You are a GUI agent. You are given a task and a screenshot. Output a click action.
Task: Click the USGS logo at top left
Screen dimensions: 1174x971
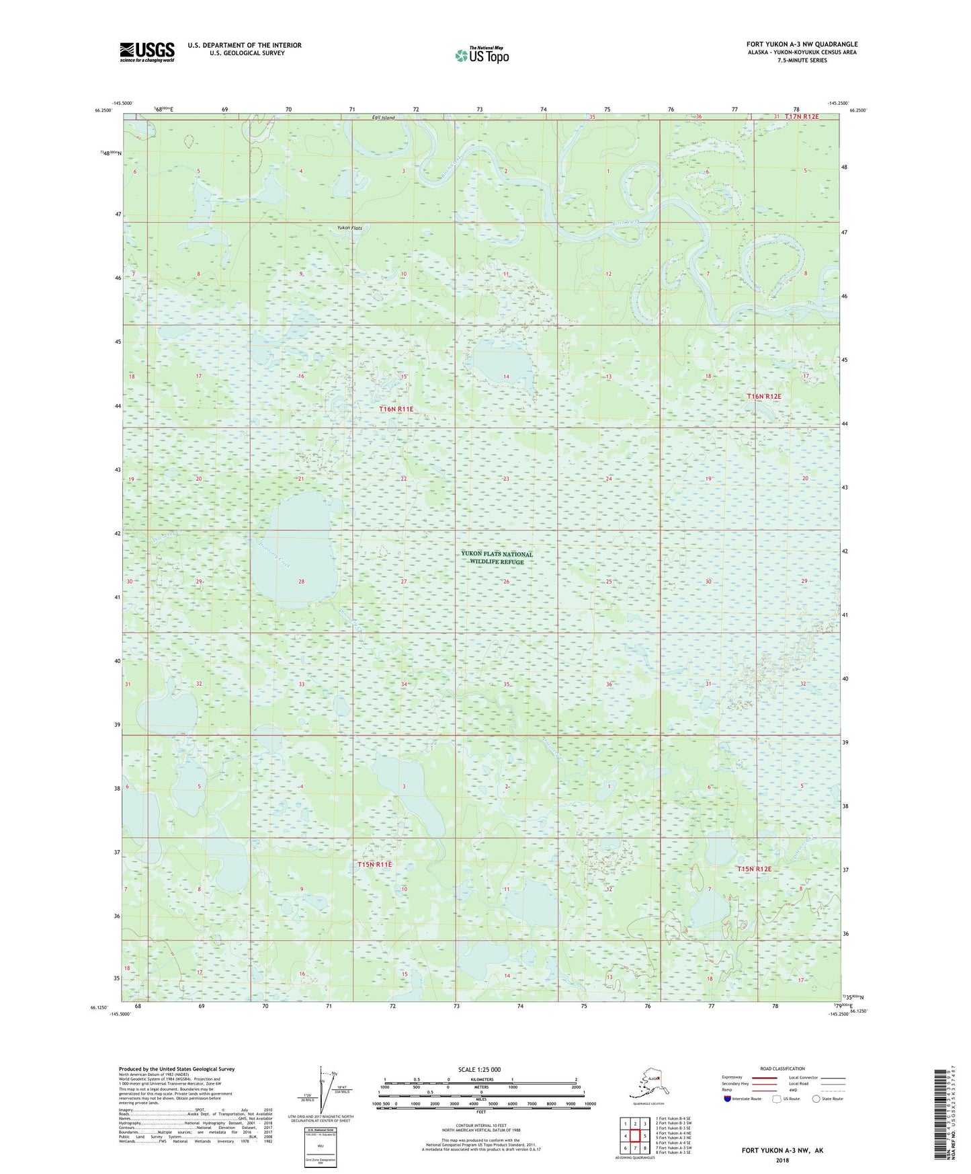point(146,52)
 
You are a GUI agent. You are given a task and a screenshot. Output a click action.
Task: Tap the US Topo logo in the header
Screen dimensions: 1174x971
point(481,54)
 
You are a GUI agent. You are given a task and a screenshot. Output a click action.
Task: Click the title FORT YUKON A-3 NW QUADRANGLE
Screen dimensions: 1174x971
point(802,44)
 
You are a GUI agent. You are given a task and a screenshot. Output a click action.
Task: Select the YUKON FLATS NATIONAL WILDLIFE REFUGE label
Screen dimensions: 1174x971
point(497,558)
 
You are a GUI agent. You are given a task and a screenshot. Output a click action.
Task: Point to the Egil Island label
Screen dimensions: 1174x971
point(384,118)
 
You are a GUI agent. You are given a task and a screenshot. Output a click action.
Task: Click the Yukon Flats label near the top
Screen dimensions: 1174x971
point(349,228)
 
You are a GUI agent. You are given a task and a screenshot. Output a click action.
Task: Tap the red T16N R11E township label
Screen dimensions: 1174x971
point(396,409)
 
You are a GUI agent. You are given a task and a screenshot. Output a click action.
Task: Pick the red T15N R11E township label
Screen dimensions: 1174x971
point(374,864)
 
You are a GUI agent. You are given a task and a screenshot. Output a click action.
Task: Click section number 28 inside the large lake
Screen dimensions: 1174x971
point(301,582)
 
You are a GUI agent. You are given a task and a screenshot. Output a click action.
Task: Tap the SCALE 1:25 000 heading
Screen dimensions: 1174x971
point(478,1069)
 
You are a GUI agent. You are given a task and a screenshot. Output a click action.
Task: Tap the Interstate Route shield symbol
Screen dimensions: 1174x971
point(727,1099)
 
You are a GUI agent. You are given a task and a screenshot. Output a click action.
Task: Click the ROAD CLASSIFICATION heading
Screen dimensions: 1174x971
point(782,1068)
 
